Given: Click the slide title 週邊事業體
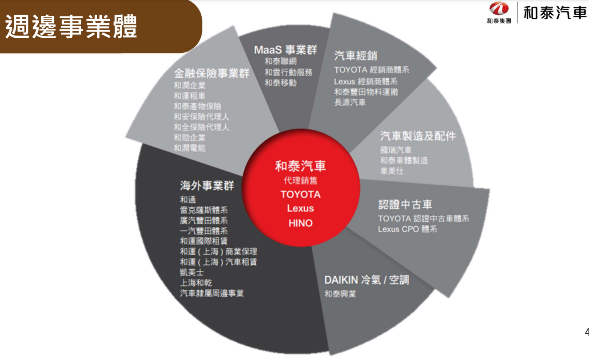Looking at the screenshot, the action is coord(71,26).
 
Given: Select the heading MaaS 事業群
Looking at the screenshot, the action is coord(286,50).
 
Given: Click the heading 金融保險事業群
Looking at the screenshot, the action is coord(211,73).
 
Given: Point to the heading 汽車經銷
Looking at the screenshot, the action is coord(355,56).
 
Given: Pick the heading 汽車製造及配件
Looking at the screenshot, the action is coord(418,136).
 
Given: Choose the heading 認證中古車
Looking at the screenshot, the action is coord(405,204).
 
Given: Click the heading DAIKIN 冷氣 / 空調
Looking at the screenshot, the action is coord(366,280).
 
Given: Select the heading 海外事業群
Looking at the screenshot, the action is coord(207,185).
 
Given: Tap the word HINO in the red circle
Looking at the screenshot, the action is coord(301,223).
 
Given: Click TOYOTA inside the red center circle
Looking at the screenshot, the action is coord(301,195).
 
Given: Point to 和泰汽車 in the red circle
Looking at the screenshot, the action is coord(301,166).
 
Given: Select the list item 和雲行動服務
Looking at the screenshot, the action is coord(288,72).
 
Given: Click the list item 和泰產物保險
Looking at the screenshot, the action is coord(198,106).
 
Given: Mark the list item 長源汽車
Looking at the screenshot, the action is coord(350,102).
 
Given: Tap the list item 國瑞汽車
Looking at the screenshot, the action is coord(396,150).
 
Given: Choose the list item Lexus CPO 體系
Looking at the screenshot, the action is coord(408,229).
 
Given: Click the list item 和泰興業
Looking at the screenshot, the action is coord(340,294).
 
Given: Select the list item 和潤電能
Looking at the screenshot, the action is coord(189,148).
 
